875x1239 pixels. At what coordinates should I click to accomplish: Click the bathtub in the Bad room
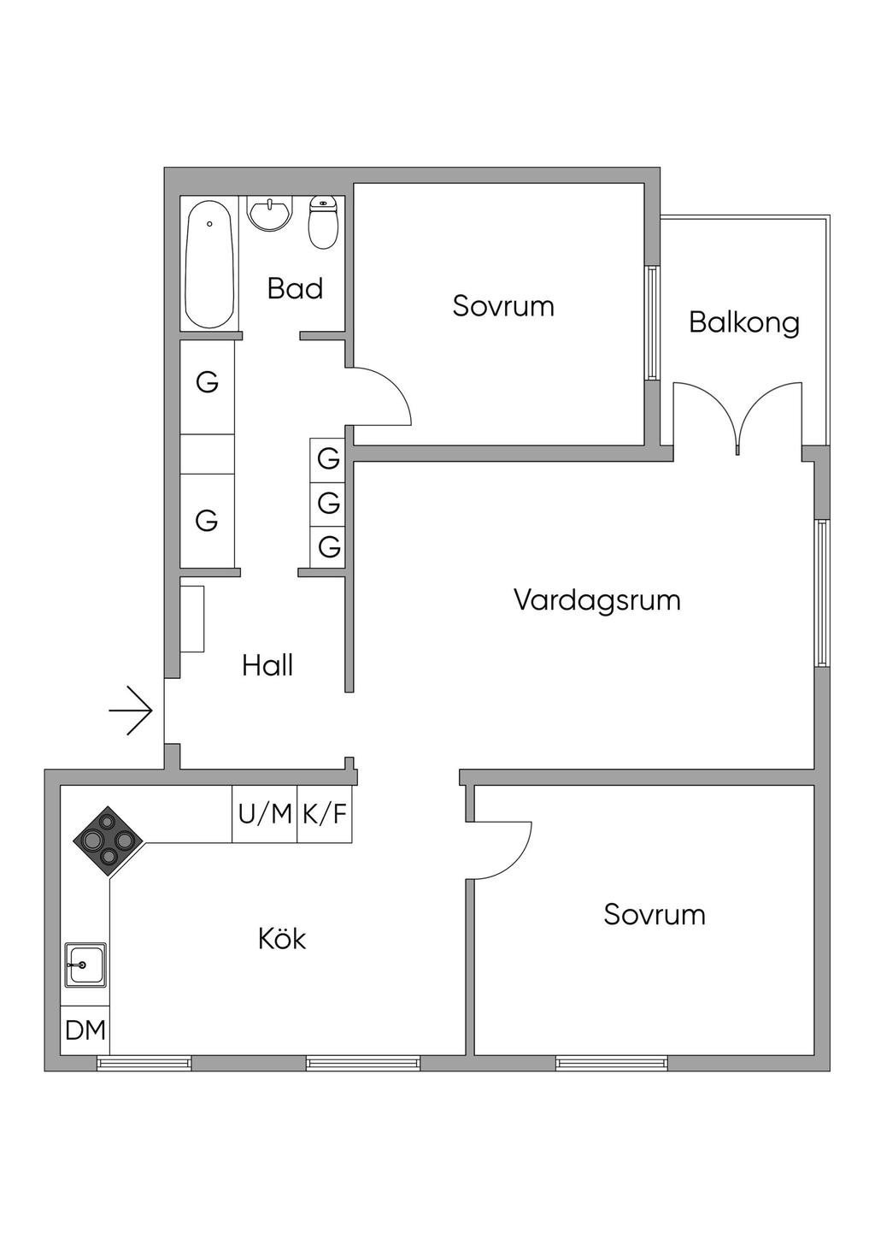pos(210,264)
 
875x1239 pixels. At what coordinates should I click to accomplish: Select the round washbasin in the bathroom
pos(270,213)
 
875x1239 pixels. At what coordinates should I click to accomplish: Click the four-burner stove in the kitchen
pos(108,841)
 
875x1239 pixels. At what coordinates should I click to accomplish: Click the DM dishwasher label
pos(85,1030)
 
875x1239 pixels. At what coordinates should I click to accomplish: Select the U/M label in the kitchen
pos(265,814)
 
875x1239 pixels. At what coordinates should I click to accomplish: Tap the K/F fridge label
pos(325,814)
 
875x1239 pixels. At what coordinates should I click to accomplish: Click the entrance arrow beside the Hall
pos(131,711)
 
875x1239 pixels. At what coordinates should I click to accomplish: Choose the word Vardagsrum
pos(597,600)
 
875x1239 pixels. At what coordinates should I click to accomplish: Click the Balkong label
pos(743,323)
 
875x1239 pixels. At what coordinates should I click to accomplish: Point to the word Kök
pos(282,939)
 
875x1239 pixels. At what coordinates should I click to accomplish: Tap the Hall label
pos(267,665)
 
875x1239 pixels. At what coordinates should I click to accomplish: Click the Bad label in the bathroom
pos(295,289)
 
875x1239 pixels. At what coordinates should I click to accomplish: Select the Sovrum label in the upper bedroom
pos(503,306)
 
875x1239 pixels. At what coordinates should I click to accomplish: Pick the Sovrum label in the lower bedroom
pos(655,915)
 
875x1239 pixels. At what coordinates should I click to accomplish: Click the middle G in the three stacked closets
pos(329,503)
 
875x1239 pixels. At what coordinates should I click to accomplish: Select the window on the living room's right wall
pos(821,592)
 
